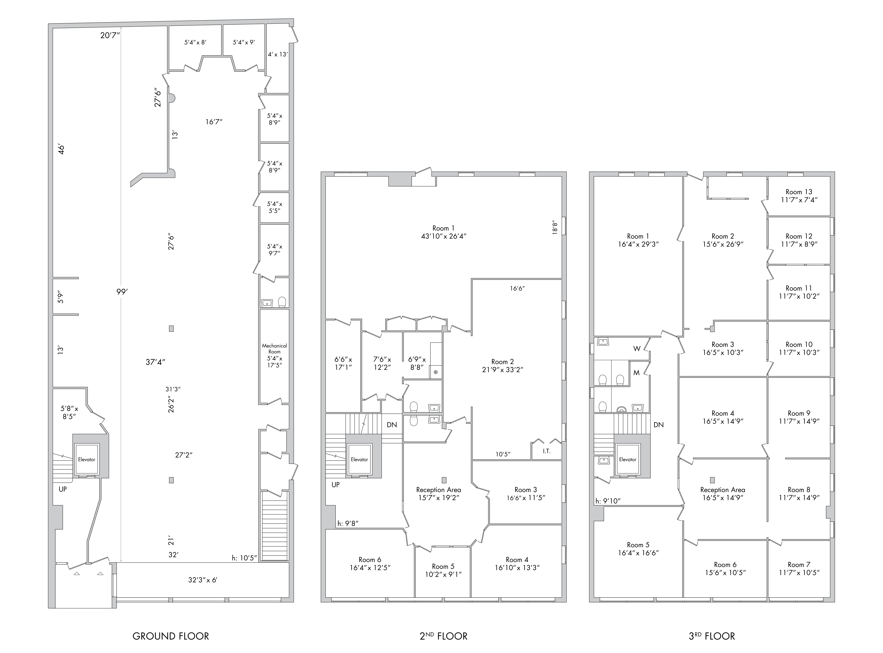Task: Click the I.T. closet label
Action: click(x=546, y=451)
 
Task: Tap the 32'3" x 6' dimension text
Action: click(x=203, y=580)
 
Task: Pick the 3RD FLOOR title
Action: click(x=712, y=636)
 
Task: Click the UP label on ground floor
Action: click(x=63, y=489)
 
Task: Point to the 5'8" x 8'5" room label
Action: click(x=69, y=412)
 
